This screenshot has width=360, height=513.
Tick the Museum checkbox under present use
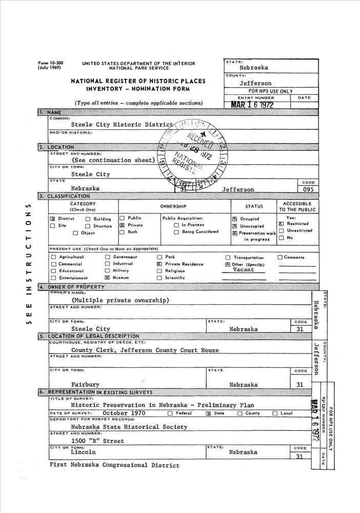107,278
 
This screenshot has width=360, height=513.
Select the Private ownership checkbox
122,225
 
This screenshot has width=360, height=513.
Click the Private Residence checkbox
159,264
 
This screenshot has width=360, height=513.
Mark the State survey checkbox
209,413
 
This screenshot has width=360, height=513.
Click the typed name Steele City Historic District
122,125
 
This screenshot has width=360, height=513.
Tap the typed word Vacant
243,270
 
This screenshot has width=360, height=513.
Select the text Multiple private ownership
120,300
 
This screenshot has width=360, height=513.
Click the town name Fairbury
85,384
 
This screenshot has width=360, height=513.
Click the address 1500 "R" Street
97,441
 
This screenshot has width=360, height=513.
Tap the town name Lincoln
83,452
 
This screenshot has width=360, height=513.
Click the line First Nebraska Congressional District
114,465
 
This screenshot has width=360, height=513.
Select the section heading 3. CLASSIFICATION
65,196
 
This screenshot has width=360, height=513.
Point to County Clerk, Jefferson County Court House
145,350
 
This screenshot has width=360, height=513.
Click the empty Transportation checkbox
228,258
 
